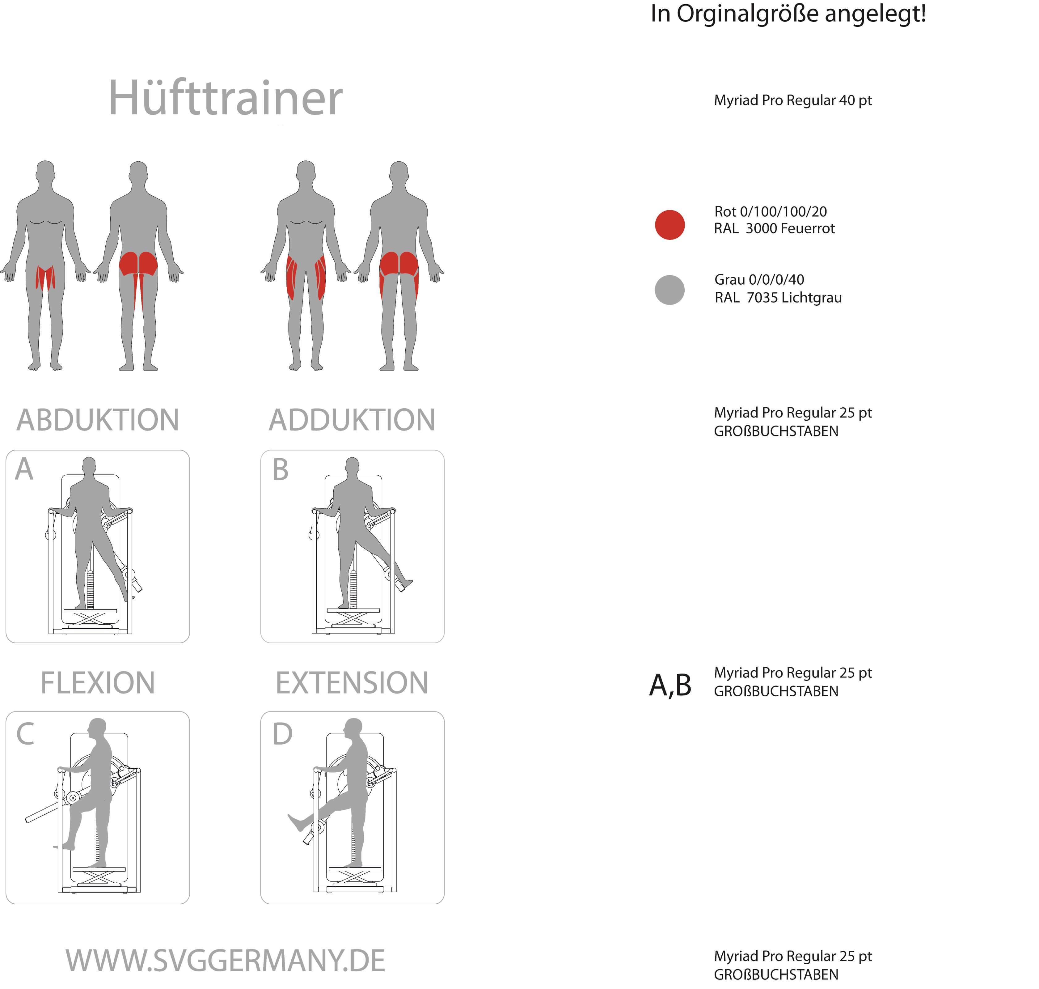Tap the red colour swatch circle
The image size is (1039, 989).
coord(670,225)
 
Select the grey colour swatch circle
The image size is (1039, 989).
coord(670,290)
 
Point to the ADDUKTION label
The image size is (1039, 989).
coord(352,420)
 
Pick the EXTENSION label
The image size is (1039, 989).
coord(352,683)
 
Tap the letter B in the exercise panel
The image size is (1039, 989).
coord(280,470)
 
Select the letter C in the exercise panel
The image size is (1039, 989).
coord(25,734)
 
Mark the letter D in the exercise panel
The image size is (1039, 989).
coord(282,734)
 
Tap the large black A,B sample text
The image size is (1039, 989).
coord(670,685)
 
